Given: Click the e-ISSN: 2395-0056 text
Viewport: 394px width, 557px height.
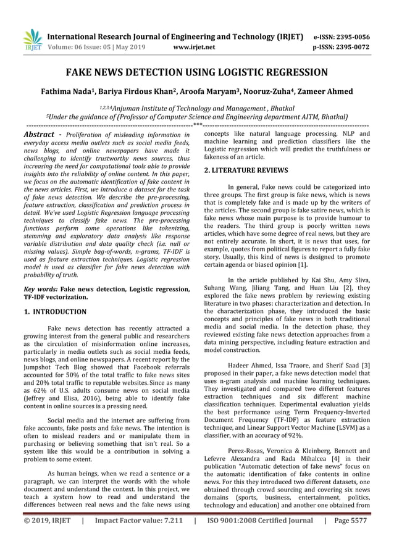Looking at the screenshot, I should [342, 36].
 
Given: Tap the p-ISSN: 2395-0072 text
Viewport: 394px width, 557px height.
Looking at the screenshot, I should [342, 47].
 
